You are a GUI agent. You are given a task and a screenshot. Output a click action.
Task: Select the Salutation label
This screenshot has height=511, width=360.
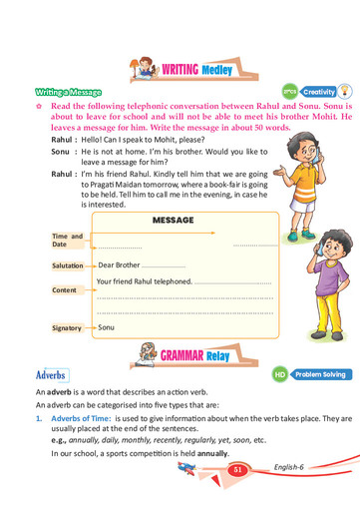[68, 266]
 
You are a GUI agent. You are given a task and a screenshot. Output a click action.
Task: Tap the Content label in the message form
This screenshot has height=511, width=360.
[65, 289]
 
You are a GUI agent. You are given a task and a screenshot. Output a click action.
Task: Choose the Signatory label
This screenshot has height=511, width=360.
[67, 327]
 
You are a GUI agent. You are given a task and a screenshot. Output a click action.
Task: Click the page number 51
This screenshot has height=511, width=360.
[237, 469]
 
